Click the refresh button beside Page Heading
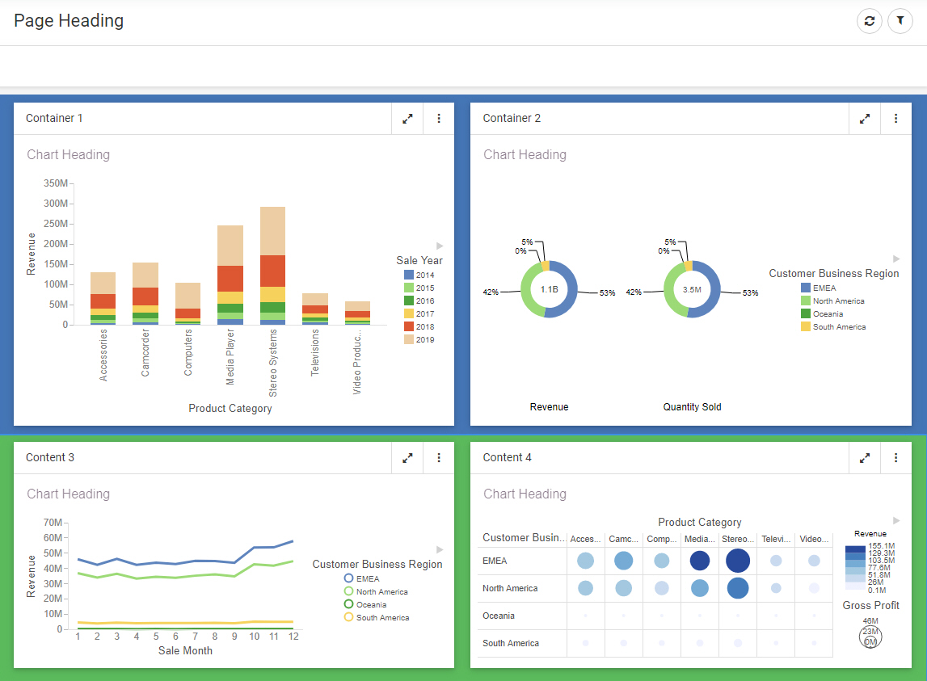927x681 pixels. coord(870,21)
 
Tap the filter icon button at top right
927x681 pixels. coord(900,21)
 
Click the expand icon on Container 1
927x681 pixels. coord(408,119)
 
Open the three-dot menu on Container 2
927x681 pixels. coord(896,119)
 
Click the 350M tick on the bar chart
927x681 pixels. coord(56,183)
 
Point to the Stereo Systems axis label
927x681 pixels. coord(273,363)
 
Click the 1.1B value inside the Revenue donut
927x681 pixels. coord(550,289)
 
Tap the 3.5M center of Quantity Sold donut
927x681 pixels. coord(692,289)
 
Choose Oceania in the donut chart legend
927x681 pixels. coord(828,314)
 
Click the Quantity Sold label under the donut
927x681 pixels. coord(692,407)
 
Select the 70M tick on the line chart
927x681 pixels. coord(53,523)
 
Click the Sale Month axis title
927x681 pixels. coord(185,650)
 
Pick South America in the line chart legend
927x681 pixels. coord(381,618)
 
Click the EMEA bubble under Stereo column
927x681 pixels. coord(738,561)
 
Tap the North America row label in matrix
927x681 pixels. coord(510,588)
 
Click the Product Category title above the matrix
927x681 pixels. coord(699,523)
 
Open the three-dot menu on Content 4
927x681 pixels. coord(896,458)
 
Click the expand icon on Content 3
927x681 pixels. coord(408,458)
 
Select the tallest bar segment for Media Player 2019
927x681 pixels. coord(230,246)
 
